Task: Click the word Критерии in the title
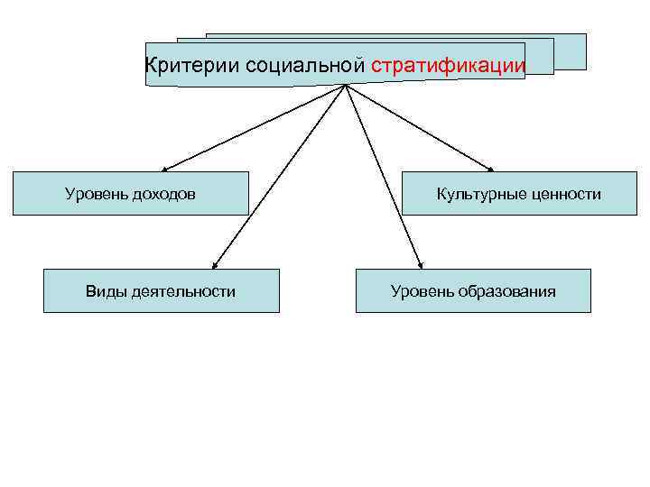179,65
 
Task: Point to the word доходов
164,194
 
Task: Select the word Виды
103,291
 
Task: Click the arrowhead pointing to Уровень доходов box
166,169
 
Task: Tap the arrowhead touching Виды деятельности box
214,265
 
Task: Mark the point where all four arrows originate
346,86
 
